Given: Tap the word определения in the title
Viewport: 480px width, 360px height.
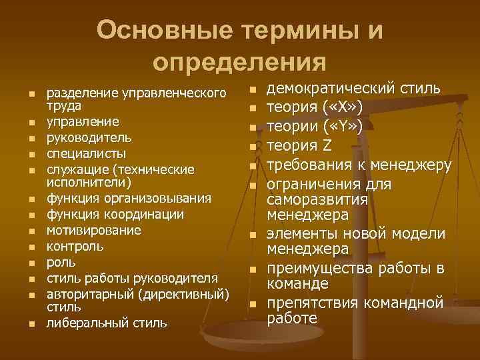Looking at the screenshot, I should [239, 62].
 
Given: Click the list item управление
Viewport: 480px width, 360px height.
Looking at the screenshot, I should [83, 122].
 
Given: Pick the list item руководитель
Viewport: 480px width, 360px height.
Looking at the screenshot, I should [89, 137].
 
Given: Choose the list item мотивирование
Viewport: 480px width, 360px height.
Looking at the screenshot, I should [93, 231].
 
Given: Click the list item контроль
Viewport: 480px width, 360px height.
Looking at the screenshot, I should [74, 246].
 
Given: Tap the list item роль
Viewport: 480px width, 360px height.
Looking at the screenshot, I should [61, 262].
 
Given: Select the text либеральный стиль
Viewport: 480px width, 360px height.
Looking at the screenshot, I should [107, 323].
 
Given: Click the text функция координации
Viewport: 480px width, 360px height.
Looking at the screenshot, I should [115, 215].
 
